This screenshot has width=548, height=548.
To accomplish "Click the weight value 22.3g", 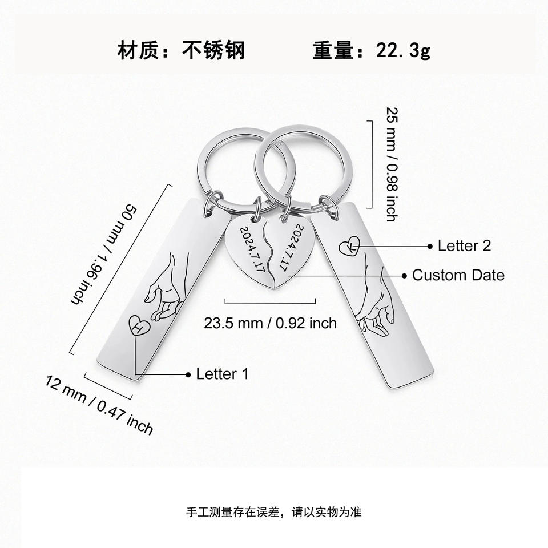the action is coord(403,50).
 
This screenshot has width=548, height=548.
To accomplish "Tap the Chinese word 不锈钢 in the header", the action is coord(213,50).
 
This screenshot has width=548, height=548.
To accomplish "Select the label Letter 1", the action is coord(223,374).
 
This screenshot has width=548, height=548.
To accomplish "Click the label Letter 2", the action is coord(464,246).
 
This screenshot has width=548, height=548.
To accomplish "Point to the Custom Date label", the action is coord(458,275).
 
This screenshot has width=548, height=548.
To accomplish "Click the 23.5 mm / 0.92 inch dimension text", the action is coord(271,323).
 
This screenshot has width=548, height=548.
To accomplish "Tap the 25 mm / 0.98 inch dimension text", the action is coord(392,164).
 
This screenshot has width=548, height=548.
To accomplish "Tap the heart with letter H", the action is coord(139,328).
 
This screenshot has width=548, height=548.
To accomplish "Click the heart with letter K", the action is coord(349,247).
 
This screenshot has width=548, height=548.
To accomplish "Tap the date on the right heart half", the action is coord(292,247).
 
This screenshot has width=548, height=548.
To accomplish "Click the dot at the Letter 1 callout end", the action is coord(188,374).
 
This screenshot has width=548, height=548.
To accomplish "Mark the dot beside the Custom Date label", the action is coord(404,276).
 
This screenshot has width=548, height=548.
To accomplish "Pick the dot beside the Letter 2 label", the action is coord(430,246).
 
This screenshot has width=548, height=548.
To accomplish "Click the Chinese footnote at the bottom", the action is coord(274,511).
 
